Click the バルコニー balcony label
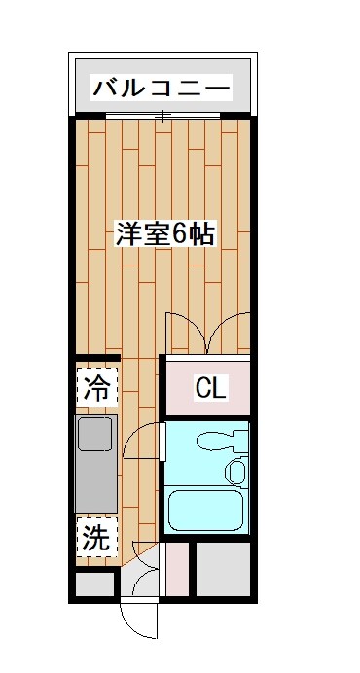click(x=162, y=89)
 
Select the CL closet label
click(x=210, y=388)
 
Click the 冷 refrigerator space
click(x=96, y=387)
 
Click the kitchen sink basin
click(x=96, y=435)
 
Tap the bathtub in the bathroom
click(x=205, y=509)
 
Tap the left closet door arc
click(x=186, y=331)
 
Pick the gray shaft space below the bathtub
click(x=225, y=568)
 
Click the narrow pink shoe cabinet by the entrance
click(x=176, y=568)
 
